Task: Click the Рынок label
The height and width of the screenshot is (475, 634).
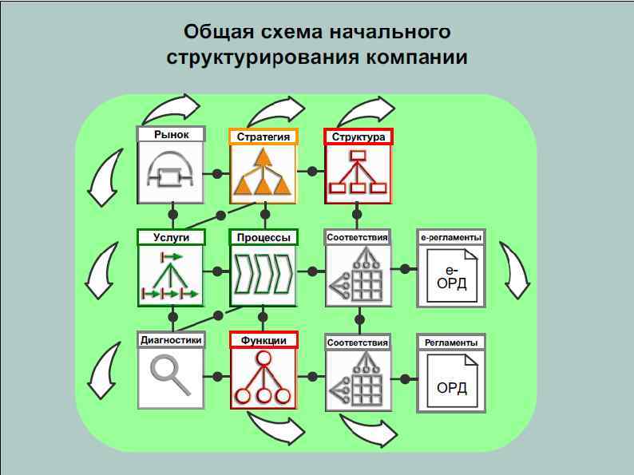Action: pyautogui.click(x=172, y=135)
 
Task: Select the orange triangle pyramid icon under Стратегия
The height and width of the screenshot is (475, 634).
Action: pyautogui.click(x=264, y=173)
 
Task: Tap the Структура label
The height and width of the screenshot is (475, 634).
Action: pyautogui.click(x=359, y=137)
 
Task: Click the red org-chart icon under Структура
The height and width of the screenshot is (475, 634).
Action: pyautogui.click(x=359, y=173)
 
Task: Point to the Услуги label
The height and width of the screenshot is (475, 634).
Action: pyautogui.click(x=172, y=237)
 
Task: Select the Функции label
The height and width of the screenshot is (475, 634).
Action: pyautogui.click(x=264, y=340)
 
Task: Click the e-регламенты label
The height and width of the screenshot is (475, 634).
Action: pyautogui.click(x=451, y=238)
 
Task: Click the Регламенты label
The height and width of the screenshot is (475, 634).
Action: pyautogui.click(x=451, y=342)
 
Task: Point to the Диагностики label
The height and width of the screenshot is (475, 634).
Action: pyautogui.click(x=171, y=339)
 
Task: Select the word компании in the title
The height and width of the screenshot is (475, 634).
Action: pyautogui.click(x=418, y=57)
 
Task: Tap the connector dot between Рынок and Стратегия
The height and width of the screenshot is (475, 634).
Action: pyautogui.click(x=217, y=173)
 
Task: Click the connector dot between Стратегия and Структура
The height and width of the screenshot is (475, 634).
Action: pyautogui.click(x=311, y=172)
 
